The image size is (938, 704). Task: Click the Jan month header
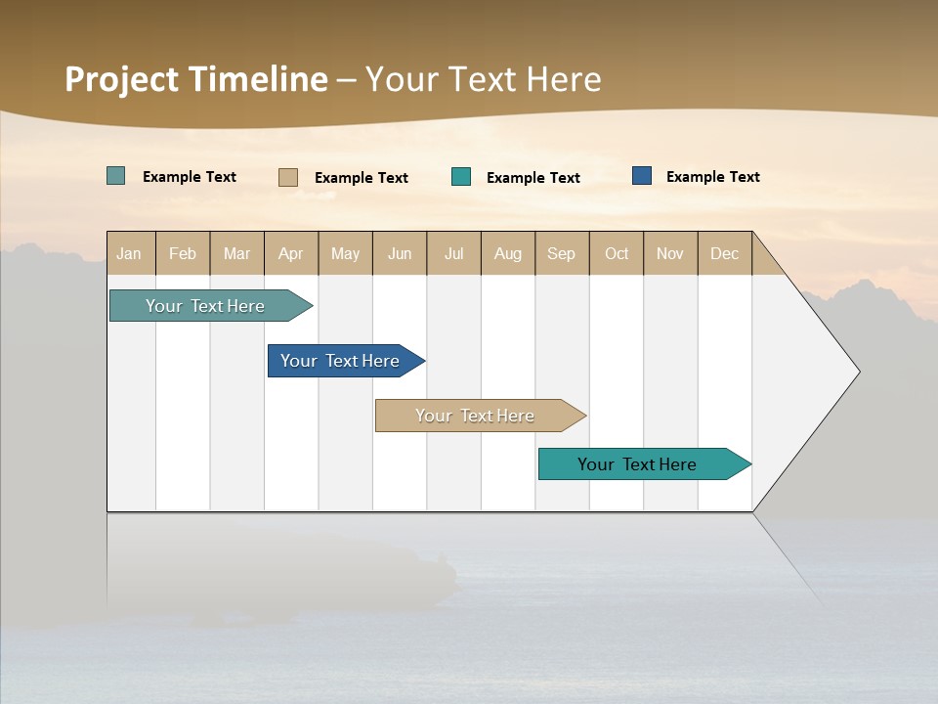point(130,253)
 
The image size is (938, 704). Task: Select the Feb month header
point(183,253)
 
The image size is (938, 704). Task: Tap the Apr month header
point(291,253)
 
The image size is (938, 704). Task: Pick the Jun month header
point(400,253)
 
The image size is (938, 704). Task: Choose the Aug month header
point(508,253)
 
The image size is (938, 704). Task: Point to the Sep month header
point(562,253)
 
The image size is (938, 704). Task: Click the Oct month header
point(617,253)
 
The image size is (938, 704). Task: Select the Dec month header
point(725,253)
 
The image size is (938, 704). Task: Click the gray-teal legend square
point(116,176)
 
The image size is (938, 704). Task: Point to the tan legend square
point(288,177)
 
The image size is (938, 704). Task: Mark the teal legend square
point(461,177)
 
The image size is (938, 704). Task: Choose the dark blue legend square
point(642,176)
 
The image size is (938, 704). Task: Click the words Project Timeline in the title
point(196,79)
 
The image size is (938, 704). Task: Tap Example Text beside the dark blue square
point(712,177)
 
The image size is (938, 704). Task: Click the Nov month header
point(670,253)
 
